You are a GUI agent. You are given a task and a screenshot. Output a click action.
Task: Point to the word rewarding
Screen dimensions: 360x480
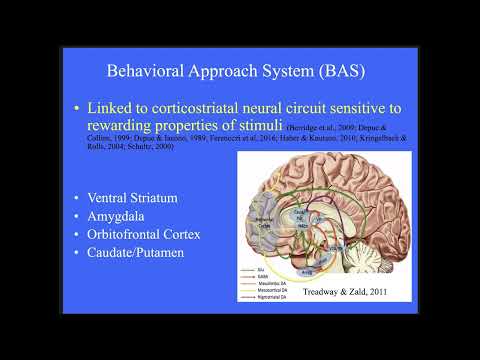(121, 125)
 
